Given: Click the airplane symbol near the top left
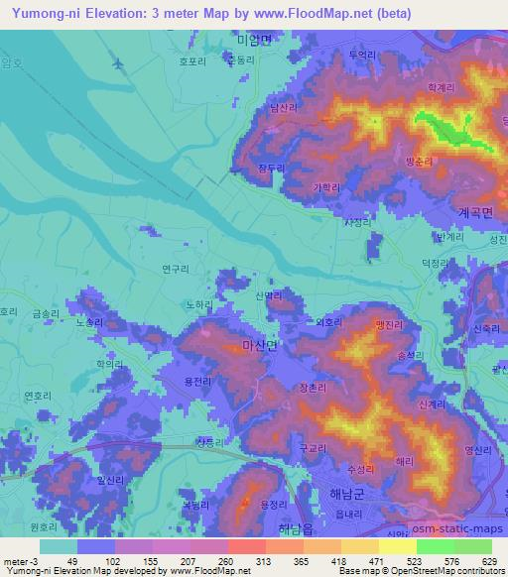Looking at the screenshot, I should click(120, 62).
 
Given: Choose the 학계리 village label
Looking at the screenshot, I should click(440, 87).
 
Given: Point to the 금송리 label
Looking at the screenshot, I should click(45, 313).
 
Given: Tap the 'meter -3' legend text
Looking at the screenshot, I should click(22, 560).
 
